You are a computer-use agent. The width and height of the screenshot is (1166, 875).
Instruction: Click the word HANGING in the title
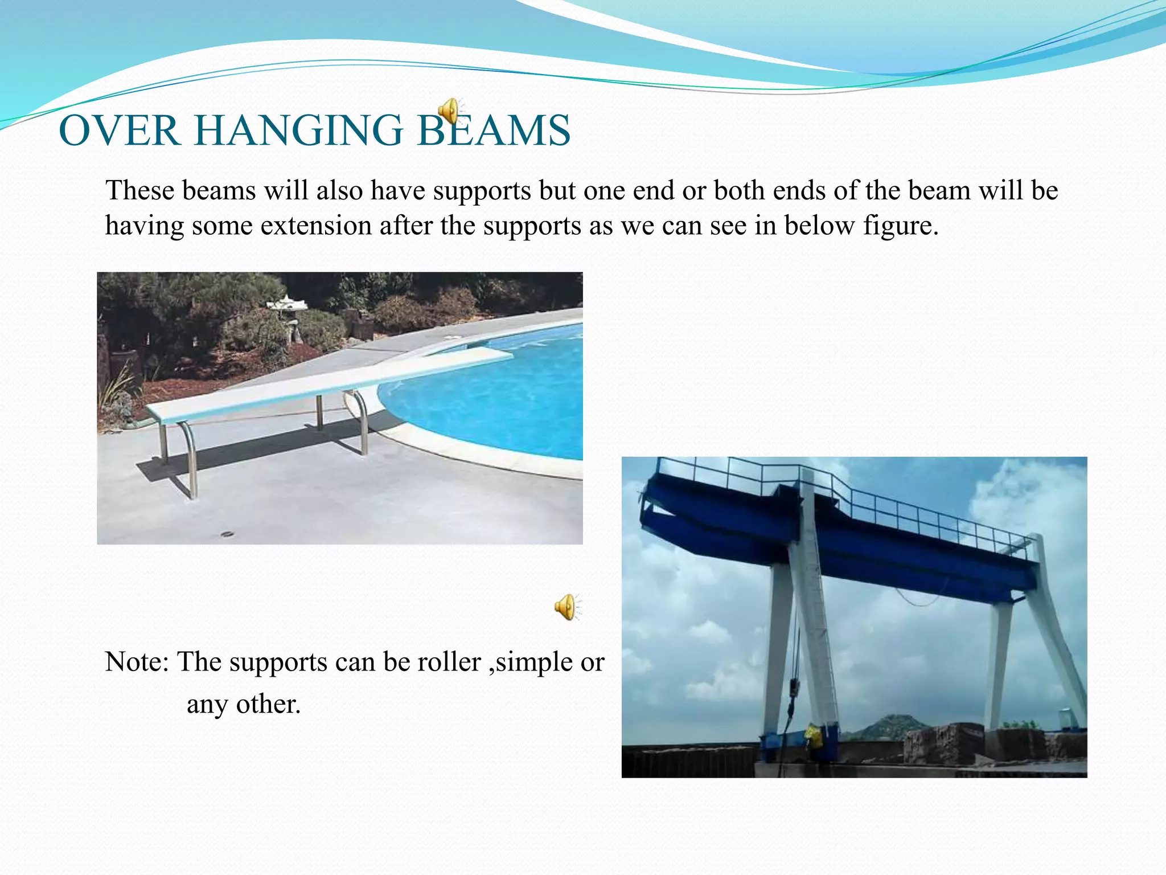coord(298,130)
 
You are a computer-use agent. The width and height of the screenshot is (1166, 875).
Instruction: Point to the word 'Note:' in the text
coord(137,662)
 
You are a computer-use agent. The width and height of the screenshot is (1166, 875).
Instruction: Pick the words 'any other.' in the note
coord(244,704)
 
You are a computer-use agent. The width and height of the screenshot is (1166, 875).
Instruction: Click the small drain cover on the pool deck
coord(227,534)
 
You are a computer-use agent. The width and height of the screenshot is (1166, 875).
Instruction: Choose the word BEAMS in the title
coord(494,130)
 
